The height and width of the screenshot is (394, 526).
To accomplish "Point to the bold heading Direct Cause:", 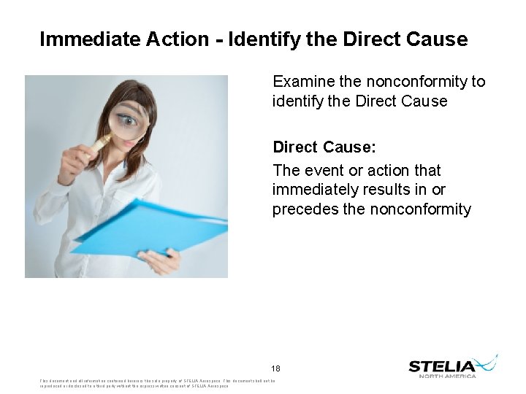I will (x=324, y=147).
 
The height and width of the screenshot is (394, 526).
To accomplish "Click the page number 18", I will (x=275, y=368).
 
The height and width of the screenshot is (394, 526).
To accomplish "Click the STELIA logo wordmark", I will (x=443, y=366).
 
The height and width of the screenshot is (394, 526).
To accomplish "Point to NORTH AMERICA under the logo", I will (x=447, y=376).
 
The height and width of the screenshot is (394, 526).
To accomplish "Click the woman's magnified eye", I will (x=127, y=119).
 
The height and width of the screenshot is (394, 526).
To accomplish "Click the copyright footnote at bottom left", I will (x=134, y=383).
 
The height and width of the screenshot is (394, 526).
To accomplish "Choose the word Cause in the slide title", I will (x=434, y=39).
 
